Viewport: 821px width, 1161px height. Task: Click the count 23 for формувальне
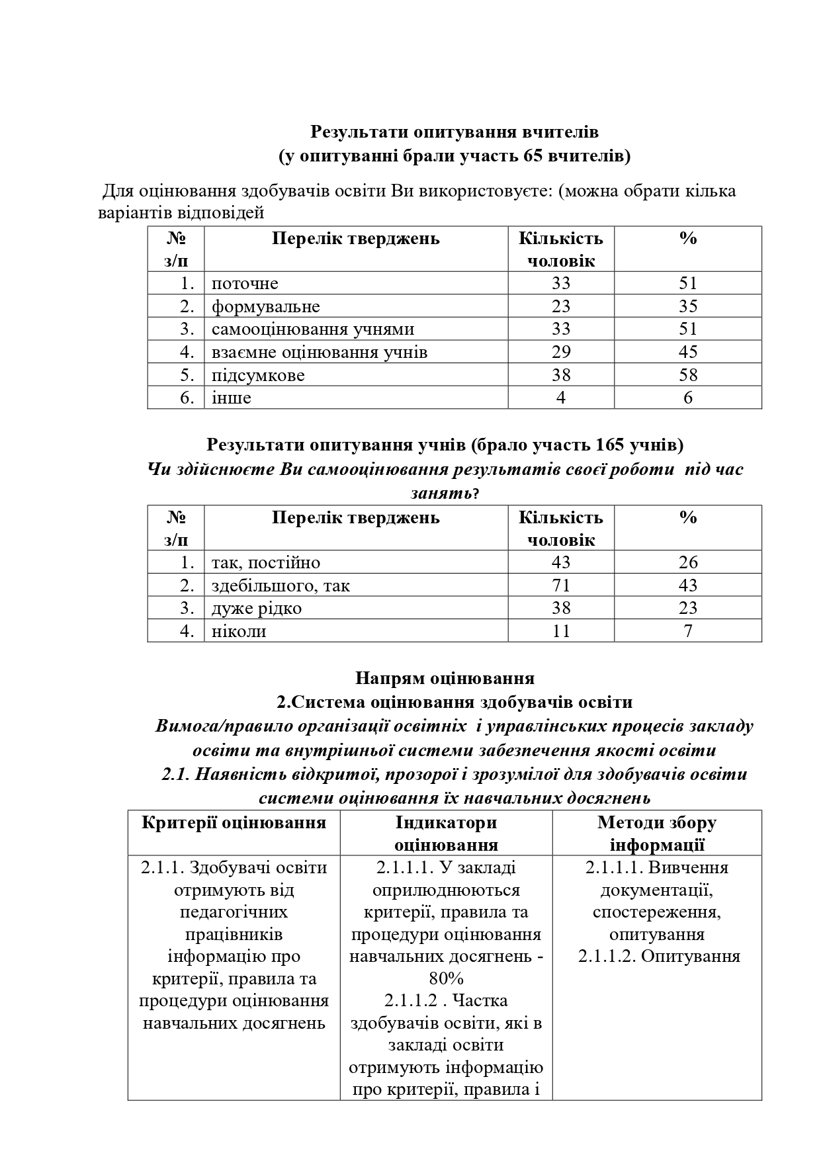coord(560,306)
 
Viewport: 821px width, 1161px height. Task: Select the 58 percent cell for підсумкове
coord(687,375)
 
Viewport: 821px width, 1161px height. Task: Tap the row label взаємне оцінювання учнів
coord(319,352)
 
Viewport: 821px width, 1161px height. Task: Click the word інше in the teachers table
coord(231,398)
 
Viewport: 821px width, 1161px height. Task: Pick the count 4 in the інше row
coord(560,398)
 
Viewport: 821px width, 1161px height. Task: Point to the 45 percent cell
coord(687,352)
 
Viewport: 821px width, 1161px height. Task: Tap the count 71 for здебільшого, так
coord(560,585)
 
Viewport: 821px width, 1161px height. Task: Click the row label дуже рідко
coord(256,608)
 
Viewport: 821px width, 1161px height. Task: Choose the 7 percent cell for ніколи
coord(687,631)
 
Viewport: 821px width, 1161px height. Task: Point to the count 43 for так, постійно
coord(560,562)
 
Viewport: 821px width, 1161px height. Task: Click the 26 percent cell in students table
coord(687,562)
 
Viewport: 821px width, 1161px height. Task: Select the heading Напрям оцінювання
coord(445,678)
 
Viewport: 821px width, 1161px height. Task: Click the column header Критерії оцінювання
coord(234,822)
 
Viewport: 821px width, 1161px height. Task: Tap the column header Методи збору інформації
coord(656,834)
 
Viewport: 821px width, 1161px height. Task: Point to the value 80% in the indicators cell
coord(446,978)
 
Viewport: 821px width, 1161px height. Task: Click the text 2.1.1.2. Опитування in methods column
coord(658,957)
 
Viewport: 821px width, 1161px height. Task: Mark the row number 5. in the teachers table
coord(187,375)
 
